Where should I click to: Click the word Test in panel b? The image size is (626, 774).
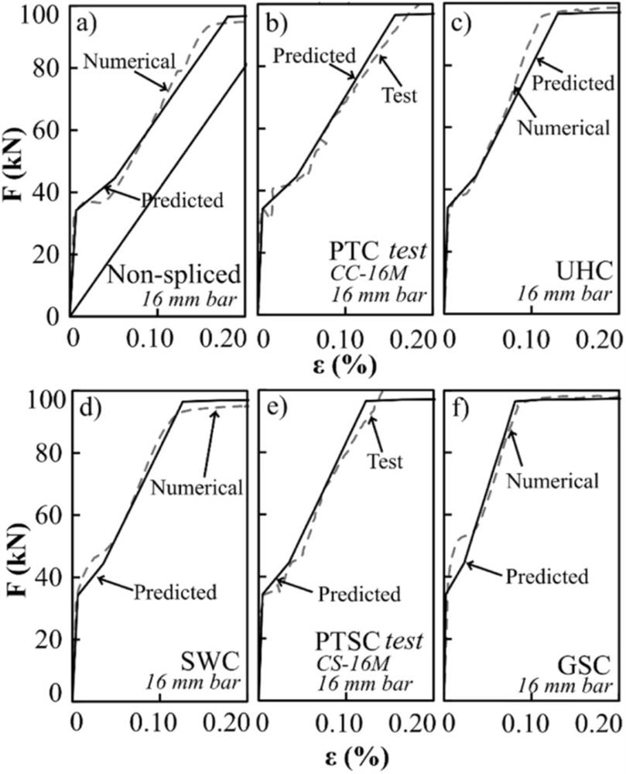tap(400, 96)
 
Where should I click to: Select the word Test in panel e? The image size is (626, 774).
tap(385, 462)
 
